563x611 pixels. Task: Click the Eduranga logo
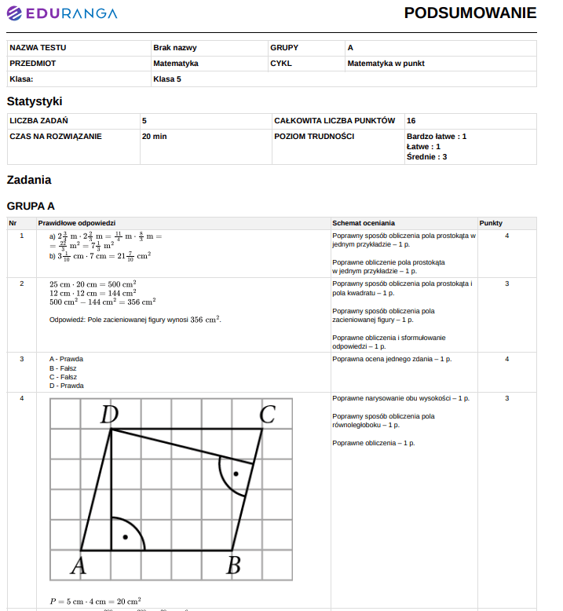(x=62, y=13)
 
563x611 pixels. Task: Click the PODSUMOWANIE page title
(x=470, y=13)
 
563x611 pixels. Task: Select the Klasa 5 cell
(x=166, y=79)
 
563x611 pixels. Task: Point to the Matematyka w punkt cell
(x=386, y=64)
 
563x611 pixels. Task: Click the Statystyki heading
(x=35, y=101)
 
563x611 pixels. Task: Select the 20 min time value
(x=154, y=137)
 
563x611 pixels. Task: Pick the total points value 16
(x=411, y=121)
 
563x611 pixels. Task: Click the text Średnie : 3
(x=426, y=157)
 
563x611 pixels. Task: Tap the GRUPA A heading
(x=31, y=207)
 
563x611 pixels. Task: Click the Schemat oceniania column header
(x=364, y=223)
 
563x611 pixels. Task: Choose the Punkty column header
(x=491, y=223)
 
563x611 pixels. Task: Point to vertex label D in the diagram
(x=110, y=415)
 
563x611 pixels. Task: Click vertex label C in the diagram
(x=267, y=414)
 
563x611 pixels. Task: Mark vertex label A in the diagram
(x=78, y=565)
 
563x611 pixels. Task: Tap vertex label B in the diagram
(x=233, y=565)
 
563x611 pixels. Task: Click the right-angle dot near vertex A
(x=125, y=537)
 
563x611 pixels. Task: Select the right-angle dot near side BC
(x=235, y=474)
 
